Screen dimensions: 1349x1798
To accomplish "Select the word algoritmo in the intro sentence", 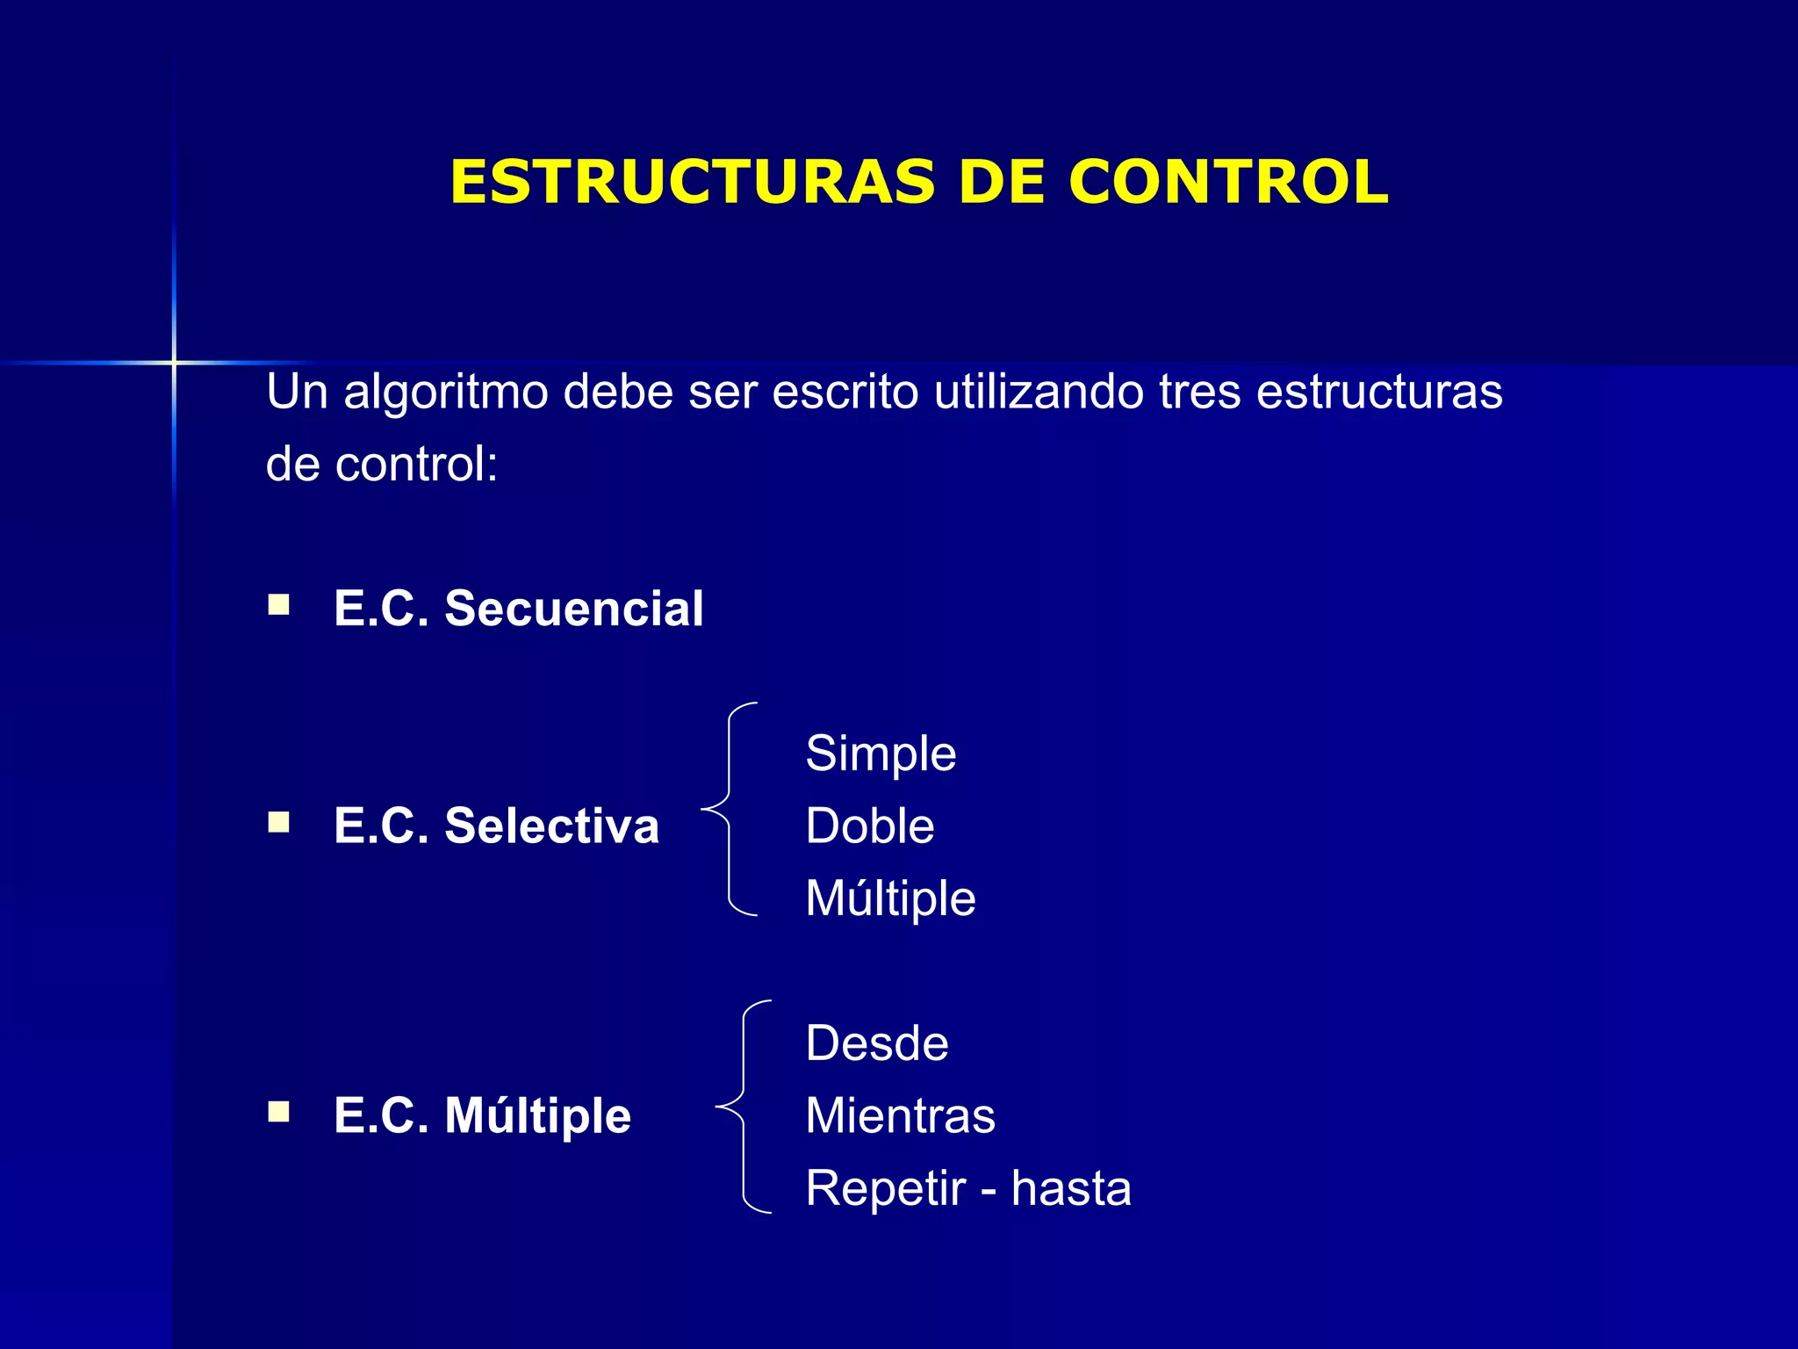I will tap(445, 392).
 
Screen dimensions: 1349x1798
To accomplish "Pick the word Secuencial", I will tap(573, 608).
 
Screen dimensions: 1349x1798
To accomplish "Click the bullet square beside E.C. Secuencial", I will tap(279, 604).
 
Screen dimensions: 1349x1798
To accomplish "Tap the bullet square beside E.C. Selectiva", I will tap(279, 822).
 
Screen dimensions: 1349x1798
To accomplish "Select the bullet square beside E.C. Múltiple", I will tap(279, 1112).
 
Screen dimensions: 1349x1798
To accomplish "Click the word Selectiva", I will tap(551, 826).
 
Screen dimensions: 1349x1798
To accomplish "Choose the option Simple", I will tap(881, 754).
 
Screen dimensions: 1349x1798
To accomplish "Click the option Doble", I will tap(870, 826).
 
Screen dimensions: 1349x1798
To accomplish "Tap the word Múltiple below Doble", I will tap(890, 898).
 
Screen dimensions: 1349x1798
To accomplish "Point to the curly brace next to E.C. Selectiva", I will tap(729, 809).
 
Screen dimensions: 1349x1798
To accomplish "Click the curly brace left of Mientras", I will tap(743, 1107).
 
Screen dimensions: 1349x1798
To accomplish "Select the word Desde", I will tap(877, 1043).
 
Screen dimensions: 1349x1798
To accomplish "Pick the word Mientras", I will tap(900, 1115).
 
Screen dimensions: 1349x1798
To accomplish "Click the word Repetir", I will tap(885, 1188).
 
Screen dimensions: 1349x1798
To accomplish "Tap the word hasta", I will tap(1070, 1188).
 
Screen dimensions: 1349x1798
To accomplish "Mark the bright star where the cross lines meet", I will tap(174, 362).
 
